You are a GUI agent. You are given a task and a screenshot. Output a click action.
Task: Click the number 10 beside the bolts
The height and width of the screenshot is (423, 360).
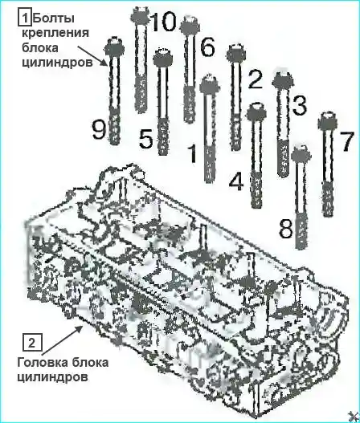coord(163,21)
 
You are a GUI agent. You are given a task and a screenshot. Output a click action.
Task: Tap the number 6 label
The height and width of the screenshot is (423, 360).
coord(207,47)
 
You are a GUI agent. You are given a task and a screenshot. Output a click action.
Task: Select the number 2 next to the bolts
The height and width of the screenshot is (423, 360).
coord(255,78)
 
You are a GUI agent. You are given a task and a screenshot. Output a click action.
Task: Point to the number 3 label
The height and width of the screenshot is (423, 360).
coord(299,105)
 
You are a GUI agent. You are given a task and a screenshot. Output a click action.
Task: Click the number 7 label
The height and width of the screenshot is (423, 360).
coord(346,141)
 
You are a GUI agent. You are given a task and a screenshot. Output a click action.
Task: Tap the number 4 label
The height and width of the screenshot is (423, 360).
coord(236,181)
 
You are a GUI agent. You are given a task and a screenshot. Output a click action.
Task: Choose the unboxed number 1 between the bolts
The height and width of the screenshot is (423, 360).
coord(192,153)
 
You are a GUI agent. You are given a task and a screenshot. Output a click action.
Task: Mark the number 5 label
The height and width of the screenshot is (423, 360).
coord(146,138)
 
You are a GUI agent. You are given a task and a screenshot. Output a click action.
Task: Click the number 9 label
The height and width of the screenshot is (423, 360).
coord(99,129)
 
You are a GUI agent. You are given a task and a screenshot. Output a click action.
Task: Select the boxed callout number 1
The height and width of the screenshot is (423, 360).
coord(25,18)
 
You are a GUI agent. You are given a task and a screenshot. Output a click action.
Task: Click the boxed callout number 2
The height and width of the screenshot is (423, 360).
coord(32,344)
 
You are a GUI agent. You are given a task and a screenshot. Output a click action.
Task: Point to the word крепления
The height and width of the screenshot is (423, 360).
coord(55,34)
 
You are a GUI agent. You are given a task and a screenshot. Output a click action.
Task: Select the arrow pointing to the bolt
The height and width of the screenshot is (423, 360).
coord(92,55)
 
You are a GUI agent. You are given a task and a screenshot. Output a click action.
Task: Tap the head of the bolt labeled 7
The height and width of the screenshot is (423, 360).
coord(328,121)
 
